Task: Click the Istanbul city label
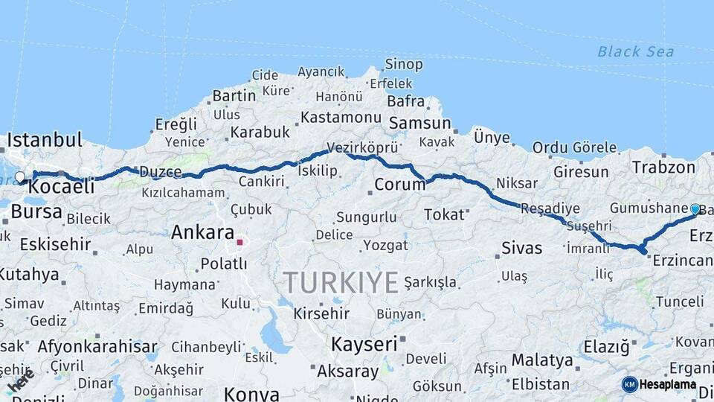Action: coord(45,139)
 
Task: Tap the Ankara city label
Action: coord(202,232)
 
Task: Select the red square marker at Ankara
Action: coord(239,241)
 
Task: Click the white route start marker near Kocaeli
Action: coord(20,177)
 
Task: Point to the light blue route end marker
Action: coord(695,209)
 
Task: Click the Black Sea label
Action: coord(635,51)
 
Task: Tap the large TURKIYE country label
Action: coord(341,283)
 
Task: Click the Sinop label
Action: coord(404,65)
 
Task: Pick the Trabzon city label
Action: coord(663,167)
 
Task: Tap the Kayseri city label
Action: coord(364,344)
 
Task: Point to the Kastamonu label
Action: coord(341,117)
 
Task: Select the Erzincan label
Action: coord(682,260)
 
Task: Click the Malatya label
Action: coord(541,360)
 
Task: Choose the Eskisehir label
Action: coord(55,244)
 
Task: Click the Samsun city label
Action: coord(419,123)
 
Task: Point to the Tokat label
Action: coord(444,214)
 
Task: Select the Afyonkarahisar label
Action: coord(97,346)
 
